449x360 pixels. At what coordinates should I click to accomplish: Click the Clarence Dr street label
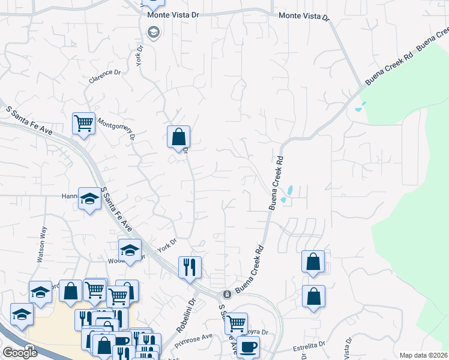point(105,76)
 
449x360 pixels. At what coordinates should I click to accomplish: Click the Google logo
point(19,353)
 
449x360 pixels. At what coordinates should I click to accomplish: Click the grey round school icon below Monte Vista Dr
point(153,32)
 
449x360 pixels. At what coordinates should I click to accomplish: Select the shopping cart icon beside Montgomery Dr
point(83,124)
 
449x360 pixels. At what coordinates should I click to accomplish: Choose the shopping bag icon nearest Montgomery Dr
point(178,137)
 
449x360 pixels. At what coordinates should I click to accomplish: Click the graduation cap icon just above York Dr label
point(129,250)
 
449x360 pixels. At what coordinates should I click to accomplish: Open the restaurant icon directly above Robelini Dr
point(190,266)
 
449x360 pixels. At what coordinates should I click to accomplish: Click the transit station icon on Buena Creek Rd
point(227,295)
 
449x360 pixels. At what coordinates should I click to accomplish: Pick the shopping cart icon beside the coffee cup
point(236,323)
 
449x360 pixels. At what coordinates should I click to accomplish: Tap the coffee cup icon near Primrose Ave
point(248,346)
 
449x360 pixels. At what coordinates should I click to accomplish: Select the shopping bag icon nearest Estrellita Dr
point(313,296)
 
